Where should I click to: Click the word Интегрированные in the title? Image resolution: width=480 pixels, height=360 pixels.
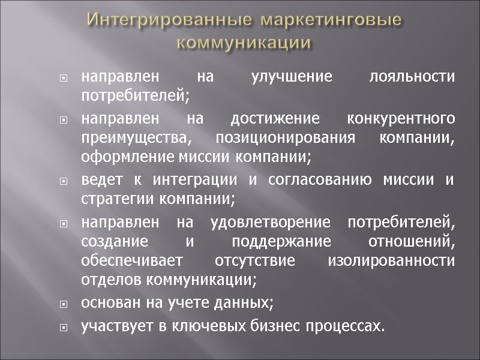[158, 20]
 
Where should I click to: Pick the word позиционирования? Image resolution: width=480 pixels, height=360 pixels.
[278, 138]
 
